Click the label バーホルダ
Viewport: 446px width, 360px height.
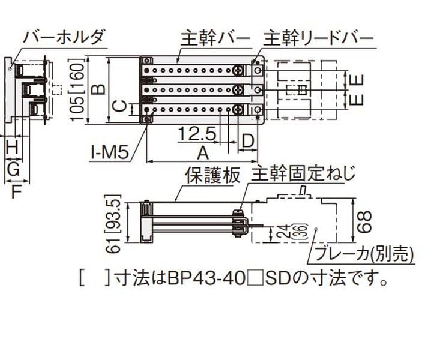point(64,37)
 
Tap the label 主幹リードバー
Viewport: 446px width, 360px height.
point(318,37)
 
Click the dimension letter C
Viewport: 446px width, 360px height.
point(121,108)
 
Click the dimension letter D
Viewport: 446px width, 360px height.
point(248,141)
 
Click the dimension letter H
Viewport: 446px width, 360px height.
point(11,146)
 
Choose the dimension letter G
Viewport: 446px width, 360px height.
point(13,170)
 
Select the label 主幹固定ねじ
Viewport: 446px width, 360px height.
point(303,175)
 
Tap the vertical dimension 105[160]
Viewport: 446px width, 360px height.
point(76,90)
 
